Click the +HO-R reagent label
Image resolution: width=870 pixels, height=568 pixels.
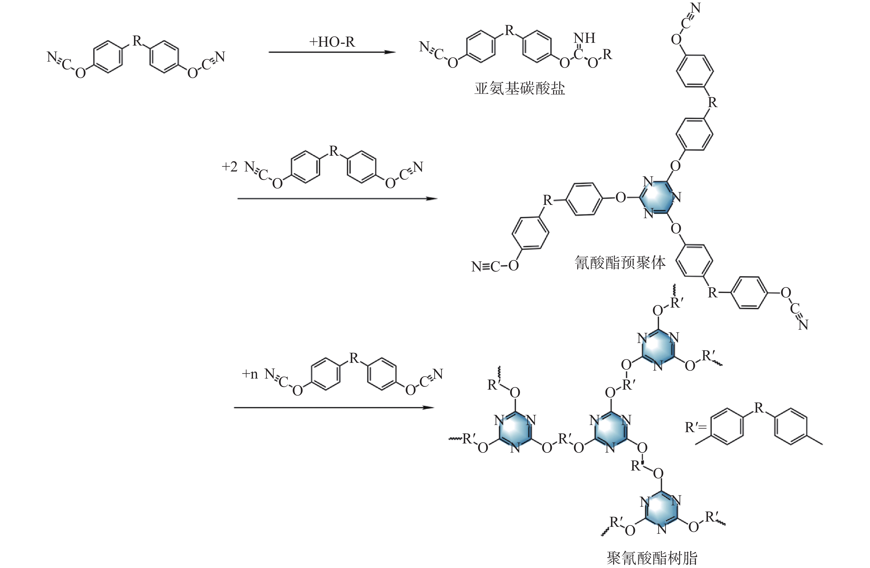(332, 42)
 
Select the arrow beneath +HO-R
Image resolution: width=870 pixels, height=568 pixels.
(332, 52)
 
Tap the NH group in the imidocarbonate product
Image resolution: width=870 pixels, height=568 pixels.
(584, 38)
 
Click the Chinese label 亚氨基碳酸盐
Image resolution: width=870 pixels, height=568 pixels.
(520, 88)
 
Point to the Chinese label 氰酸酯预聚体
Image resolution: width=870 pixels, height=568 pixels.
(620, 262)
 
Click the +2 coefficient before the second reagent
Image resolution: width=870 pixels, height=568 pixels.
(230, 167)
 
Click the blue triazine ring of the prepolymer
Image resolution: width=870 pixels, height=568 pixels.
(658, 197)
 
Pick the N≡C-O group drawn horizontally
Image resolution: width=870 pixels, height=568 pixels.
(495, 266)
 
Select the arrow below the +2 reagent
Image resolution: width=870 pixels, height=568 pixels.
(338, 199)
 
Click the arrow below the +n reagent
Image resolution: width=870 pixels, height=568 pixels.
(334, 408)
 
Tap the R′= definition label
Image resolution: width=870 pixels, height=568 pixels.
(696, 427)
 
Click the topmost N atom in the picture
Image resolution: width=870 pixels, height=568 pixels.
(696, 8)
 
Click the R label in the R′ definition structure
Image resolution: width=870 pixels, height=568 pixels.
(759, 408)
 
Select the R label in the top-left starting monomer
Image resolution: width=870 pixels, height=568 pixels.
(137, 41)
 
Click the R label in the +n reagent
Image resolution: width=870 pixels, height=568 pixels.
(354, 358)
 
